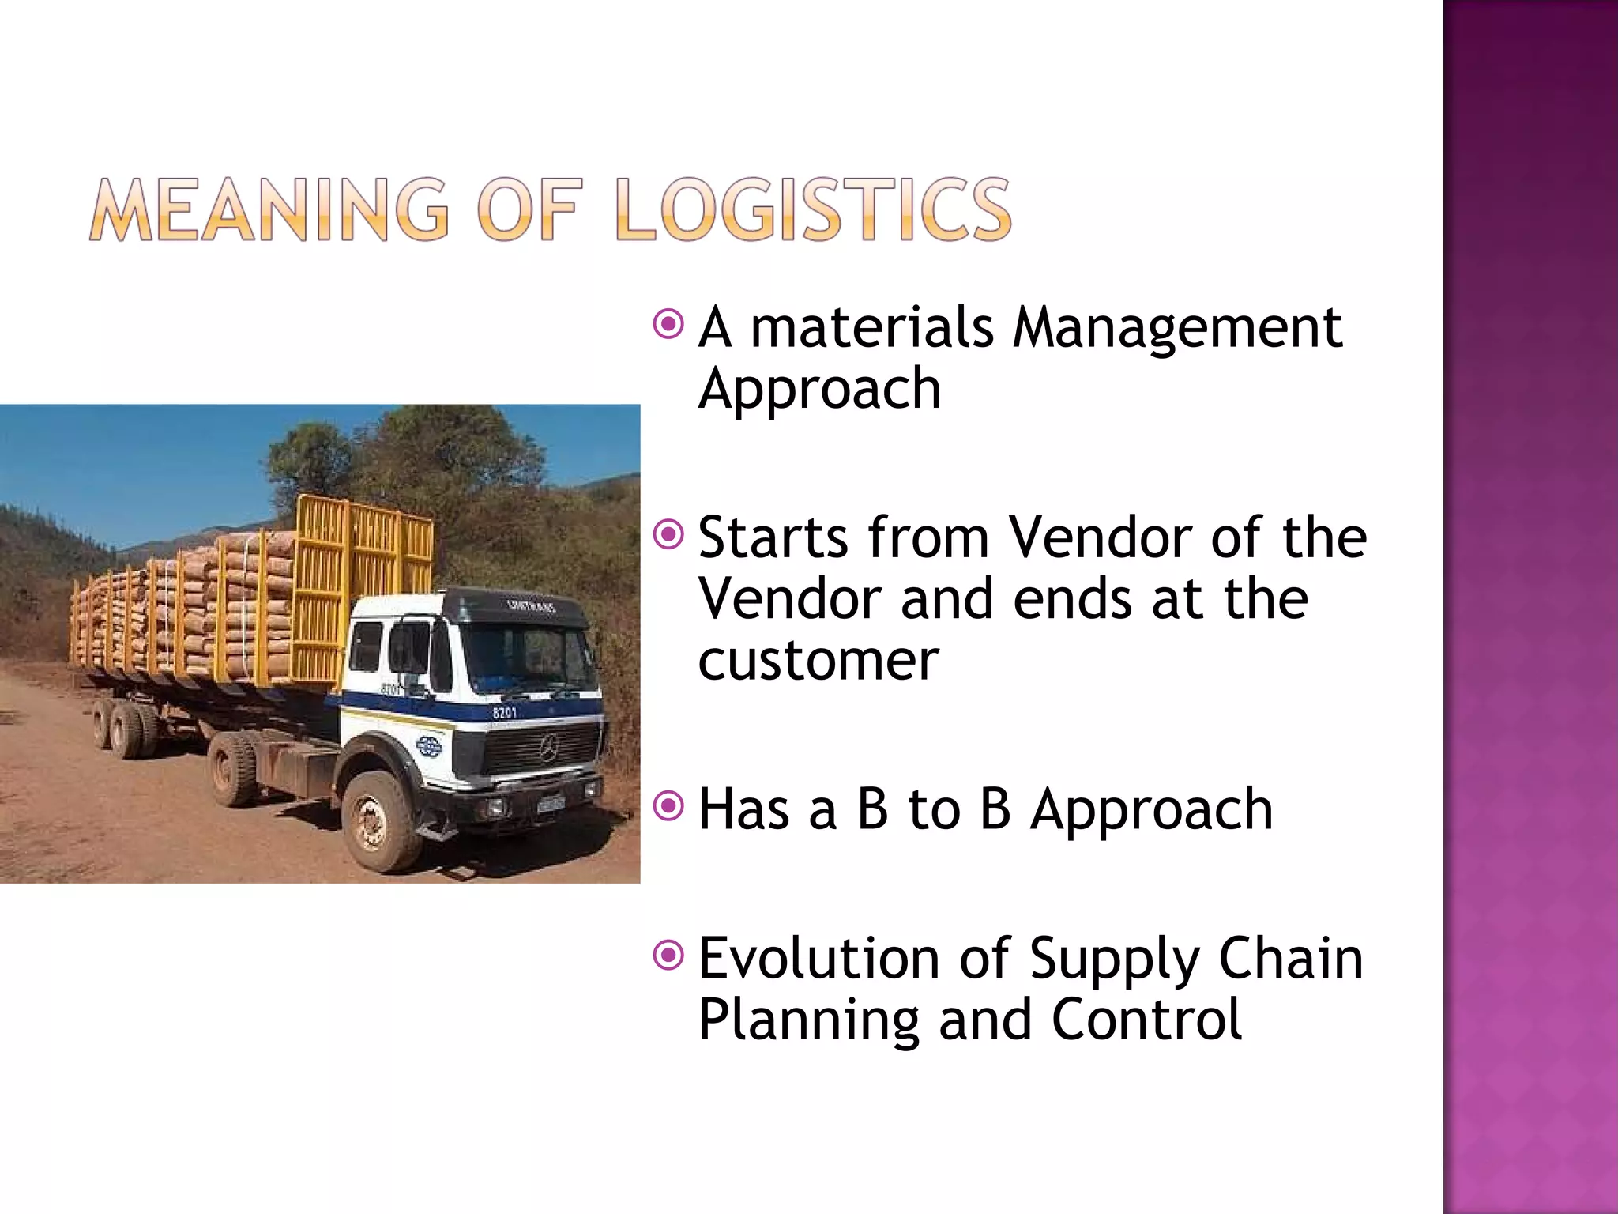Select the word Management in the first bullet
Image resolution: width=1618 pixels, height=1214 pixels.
point(1177,327)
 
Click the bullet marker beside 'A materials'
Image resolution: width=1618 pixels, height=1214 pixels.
point(668,324)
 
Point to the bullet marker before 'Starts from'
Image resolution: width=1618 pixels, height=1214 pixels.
point(668,536)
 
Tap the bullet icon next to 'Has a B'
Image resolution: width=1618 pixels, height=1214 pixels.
point(668,807)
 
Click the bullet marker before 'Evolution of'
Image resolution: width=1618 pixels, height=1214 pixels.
point(668,956)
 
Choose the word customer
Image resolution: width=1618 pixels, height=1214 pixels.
point(818,661)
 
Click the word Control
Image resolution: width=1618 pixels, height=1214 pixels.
point(1147,1020)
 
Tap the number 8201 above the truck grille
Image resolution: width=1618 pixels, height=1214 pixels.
point(504,713)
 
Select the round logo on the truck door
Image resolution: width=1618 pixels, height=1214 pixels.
point(429,746)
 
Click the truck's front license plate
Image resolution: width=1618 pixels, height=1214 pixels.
point(551,805)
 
